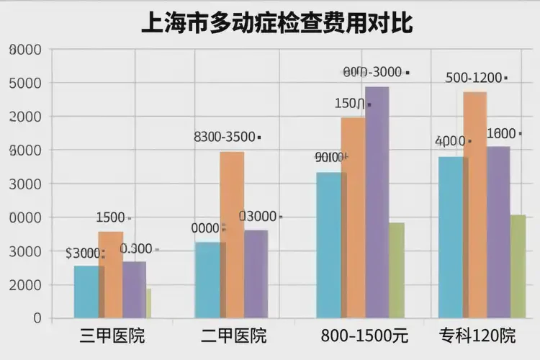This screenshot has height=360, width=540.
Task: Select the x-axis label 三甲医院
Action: pyautogui.click(x=112, y=336)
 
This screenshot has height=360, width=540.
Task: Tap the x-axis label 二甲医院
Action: pyautogui.click(x=233, y=336)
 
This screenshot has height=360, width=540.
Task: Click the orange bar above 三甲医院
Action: pyautogui.click(x=110, y=274)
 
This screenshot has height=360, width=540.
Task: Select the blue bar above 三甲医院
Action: pyautogui.click(x=86, y=292)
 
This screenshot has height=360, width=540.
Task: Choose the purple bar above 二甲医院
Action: pyautogui.click(x=256, y=274)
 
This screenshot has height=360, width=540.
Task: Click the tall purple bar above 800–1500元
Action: pyautogui.click(x=377, y=202)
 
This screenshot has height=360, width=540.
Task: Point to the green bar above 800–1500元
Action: pyautogui.click(x=397, y=270)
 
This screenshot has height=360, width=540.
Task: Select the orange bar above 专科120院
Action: pyautogui.click(x=475, y=204)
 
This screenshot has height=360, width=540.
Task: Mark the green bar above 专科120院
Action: pyautogui.click(x=518, y=266)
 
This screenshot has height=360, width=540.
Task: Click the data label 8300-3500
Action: pyautogui.click(x=225, y=137)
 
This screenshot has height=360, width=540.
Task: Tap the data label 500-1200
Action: pyautogui.click(x=474, y=78)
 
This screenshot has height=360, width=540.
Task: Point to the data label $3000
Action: pyautogui.click(x=83, y=253)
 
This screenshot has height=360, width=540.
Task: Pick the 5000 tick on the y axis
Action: pyautogui.click(x=27, y=83)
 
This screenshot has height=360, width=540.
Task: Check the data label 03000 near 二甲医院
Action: pyautogui.click(x=258, y=217)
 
